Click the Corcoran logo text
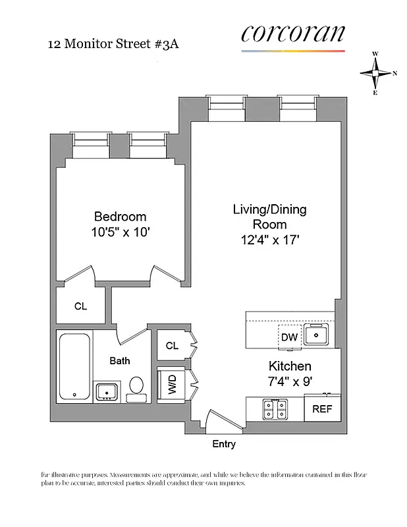tap(292, 34)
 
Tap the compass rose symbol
tap(377, 74)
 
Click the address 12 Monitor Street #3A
tap(113, 45)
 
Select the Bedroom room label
tap(120, 217)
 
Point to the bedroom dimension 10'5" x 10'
tap(120, 232)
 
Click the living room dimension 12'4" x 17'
tap(269, 240)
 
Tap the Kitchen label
tap(289, 366)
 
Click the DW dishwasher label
tap(289, 337)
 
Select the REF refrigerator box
tap(322, 408)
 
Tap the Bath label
tap(120, 360)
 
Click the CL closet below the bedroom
tap(80, 306)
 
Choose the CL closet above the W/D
tap(172, 345)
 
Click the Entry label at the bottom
tap(223, 444)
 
